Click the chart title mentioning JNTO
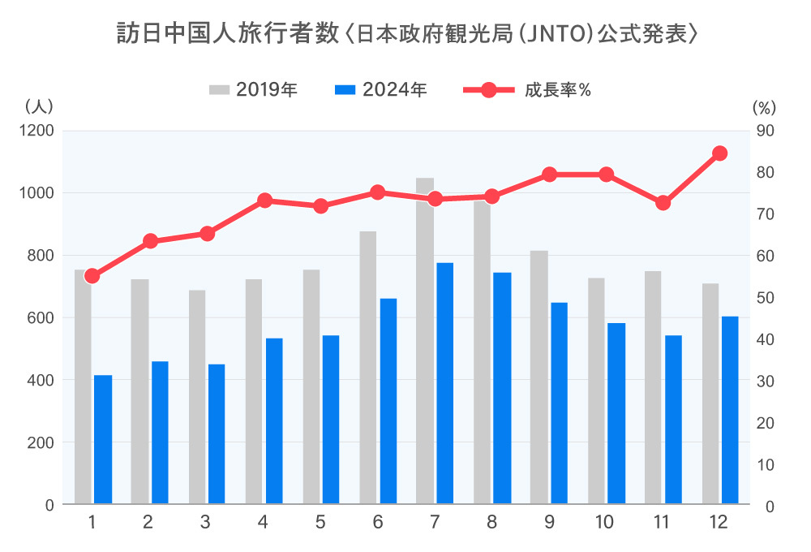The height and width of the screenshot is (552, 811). tap(405, 34)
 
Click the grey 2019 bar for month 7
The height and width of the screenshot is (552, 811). tap(425, 341)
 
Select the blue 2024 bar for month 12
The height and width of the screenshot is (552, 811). tap(730, 410)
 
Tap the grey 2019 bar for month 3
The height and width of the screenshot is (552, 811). tap(197, 397)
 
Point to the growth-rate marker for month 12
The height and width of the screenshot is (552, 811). tap(719, 153)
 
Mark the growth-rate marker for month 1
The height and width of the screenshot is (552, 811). tap(92, 276)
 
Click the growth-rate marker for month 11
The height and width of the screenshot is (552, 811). tap(663, 203)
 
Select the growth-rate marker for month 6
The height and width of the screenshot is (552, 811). tap(377, 192)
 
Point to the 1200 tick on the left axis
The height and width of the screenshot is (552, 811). tap(37, 131)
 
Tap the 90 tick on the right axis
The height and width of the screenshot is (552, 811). tap(766, 131)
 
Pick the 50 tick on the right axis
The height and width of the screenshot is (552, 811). tap(766, 298)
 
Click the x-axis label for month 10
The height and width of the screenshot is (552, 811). tap(605, 523)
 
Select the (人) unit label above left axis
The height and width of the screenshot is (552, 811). tap(39, 106)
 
